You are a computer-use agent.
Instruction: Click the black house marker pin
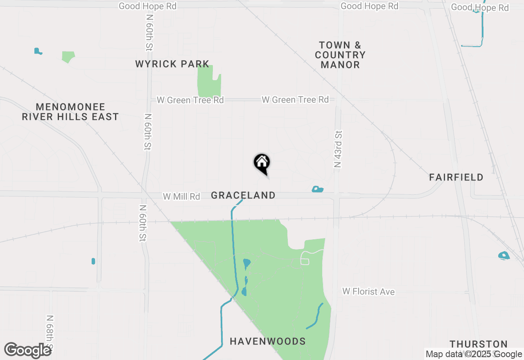pos(262,163)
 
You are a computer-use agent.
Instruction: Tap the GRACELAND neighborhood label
pos(243,196)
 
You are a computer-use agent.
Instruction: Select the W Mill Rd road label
pos(181,197)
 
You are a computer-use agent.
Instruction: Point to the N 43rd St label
pos(338,150)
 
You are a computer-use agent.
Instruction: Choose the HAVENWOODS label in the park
pos(268,341)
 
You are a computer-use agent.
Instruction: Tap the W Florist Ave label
pos(368,292)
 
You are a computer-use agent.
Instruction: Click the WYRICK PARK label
pos(172,64)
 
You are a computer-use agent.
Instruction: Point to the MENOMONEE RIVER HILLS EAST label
pos(70,112)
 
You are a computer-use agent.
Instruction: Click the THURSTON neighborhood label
pos(479,344)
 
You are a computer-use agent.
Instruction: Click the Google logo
pos(27,350)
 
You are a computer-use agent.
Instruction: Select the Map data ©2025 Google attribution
pos(473,354)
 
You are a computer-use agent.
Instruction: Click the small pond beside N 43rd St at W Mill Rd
pos(317,189)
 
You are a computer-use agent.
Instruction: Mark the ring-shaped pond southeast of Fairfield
pos(504,256)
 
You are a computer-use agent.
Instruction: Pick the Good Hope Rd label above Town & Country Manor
pos(369,6)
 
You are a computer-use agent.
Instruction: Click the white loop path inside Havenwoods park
pos(305,259)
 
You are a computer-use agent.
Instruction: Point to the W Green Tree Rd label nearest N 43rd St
pos(295,99)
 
